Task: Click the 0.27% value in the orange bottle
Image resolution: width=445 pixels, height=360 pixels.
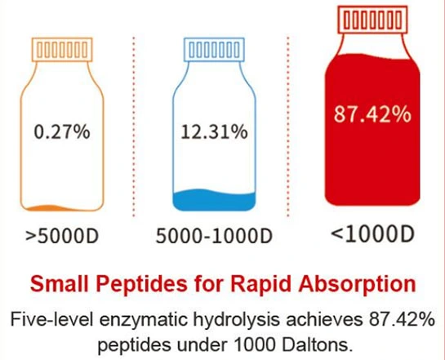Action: pyautogui.click(x=61, y=131)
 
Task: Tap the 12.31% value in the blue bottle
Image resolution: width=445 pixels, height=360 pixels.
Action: pyautogui.click(x=213, y=131)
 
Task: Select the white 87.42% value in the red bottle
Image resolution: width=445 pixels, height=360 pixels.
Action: pyautogui.click(x=372, y=113)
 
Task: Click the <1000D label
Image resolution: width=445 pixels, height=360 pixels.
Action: pyautogui.click(x=372, y=232)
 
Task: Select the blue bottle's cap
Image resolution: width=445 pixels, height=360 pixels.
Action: pyautogui.click(x=214, y=50)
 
